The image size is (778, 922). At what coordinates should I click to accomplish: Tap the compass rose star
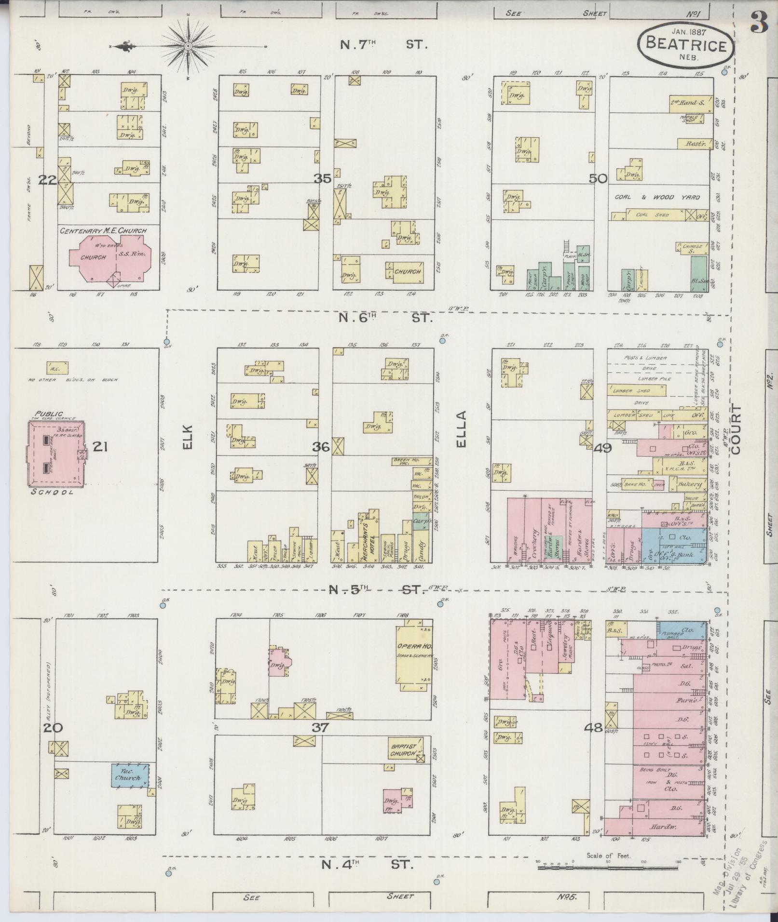pos(189,46)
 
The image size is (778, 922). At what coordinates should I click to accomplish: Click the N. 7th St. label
pos(384,45)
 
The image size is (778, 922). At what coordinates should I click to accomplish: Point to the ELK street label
pos(188,437)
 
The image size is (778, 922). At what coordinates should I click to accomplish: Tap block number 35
pos(322,179)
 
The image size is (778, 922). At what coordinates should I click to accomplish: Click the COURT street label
pos(736,436)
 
